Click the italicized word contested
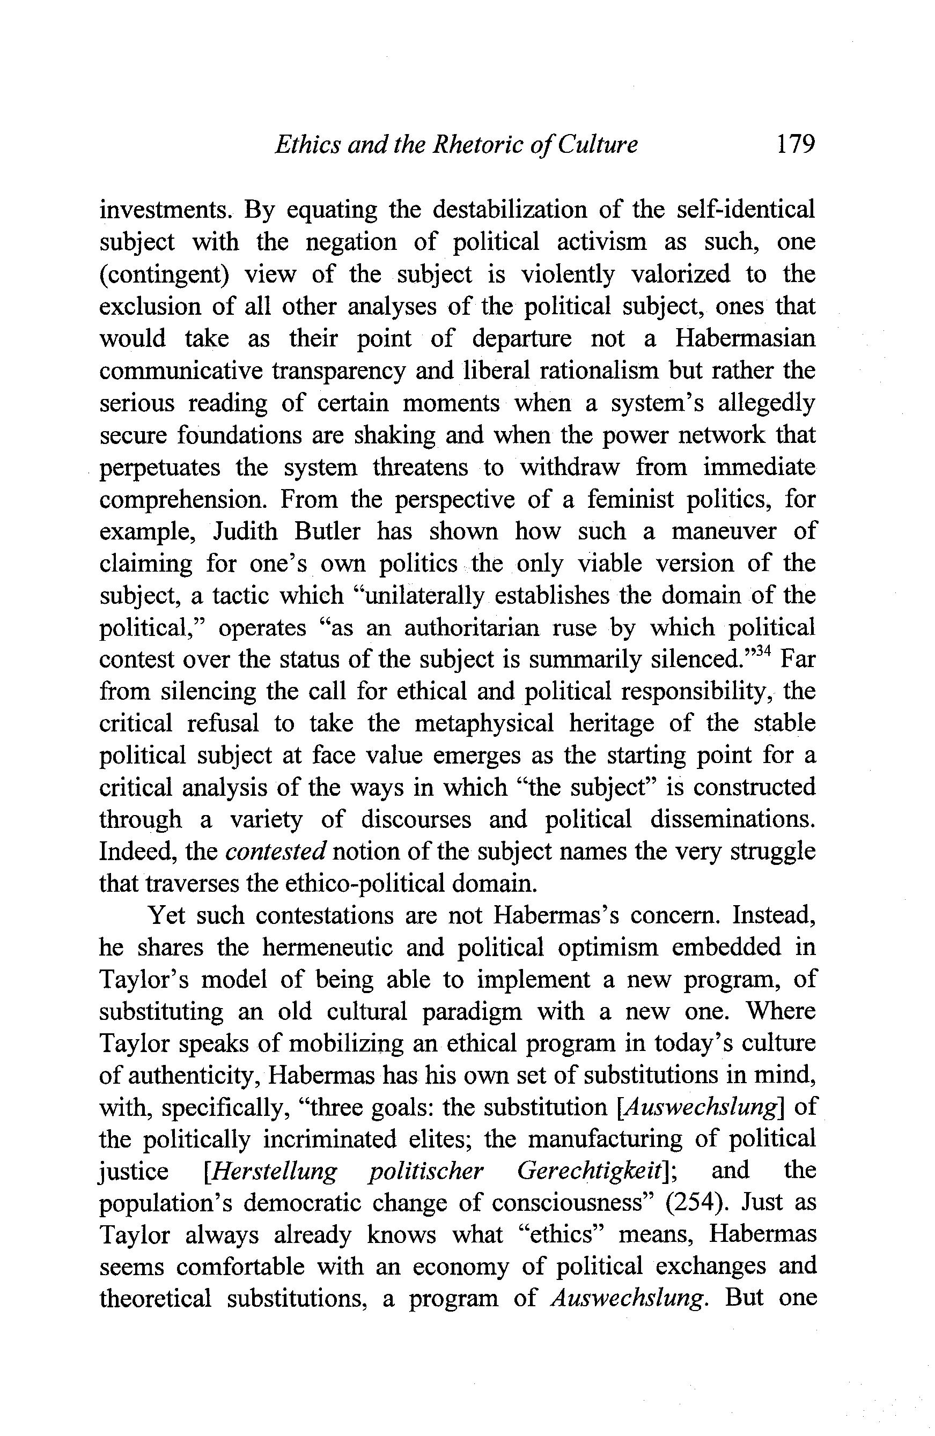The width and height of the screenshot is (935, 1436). [x=275, y=852]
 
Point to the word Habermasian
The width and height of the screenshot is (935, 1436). [x=745, y=338]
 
